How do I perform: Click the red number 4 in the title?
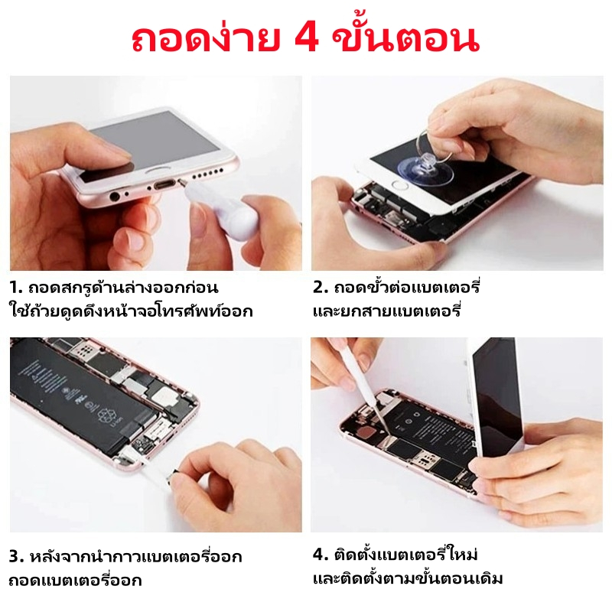(x=307, y=39)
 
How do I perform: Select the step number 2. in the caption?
(x=321, y=288)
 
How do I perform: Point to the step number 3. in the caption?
(x=17, y=557)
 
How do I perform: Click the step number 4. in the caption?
(x=321, y=554)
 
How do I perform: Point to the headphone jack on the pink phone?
(x=114, y=196)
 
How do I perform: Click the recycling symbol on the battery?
(x=106, y=415)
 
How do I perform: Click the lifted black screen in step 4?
(x=498, y=394)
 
